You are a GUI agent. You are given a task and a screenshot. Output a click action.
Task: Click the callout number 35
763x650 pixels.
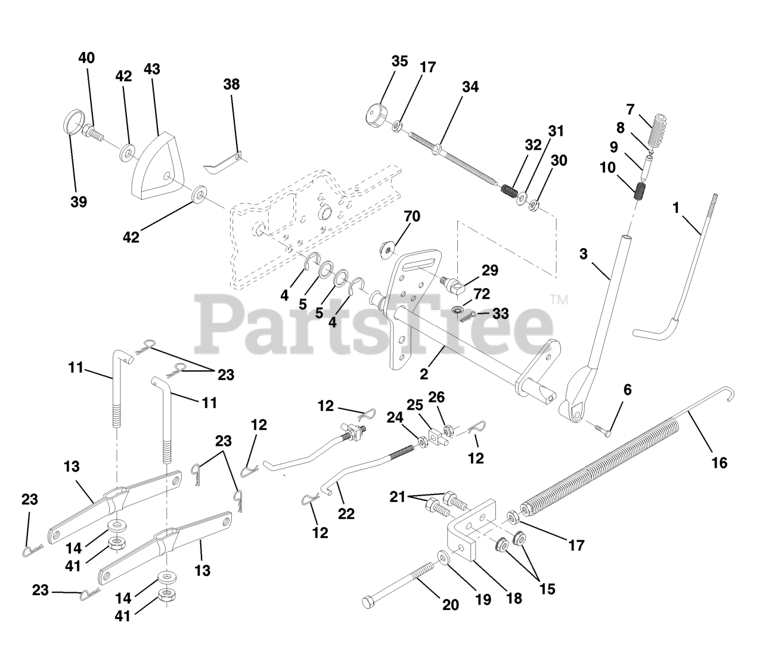(399, 61)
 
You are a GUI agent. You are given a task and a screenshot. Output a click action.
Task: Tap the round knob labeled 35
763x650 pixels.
(376, 113)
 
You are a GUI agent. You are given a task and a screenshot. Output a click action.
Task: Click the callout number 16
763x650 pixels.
(719, 462)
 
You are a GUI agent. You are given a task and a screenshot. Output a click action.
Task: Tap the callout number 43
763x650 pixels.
(152, 69)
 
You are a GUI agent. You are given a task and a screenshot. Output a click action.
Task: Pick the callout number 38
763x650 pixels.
(231, 84)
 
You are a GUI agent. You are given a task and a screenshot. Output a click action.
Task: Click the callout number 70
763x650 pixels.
(411, 216)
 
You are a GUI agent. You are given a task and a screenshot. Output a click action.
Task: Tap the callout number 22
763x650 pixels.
(346, 513)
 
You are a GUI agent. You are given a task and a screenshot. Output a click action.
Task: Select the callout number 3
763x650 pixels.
(582, 254)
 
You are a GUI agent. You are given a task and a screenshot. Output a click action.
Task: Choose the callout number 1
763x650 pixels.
(675, 208)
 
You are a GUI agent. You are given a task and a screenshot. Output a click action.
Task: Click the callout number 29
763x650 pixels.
(489, 270)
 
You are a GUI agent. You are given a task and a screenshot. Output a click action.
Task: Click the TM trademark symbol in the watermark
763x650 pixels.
(559, 299)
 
